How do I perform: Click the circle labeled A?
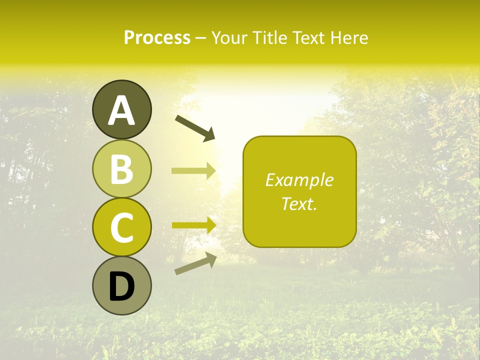[x=121, y=109]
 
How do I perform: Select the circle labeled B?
[x=121, y=168]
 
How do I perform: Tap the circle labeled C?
[x=121, y=227]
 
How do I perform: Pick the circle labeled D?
[x=121, y=286]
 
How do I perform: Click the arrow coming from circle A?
[x=195, y=128]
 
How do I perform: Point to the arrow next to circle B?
[x=193, y=170]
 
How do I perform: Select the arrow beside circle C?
[x=193, y=225]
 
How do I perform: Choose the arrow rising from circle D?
[x=195, y=263]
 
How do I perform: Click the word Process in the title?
[x=157, y=38]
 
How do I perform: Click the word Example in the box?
[x=299, y=180]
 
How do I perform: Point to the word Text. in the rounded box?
[x=299, y=203]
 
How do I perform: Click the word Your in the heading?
[x=229, y=38]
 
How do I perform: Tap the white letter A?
[x=121, y=110]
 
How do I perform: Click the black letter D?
[x=121, y=287]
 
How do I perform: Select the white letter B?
[x=121, y=169]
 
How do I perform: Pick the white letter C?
[x=121, y=227]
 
